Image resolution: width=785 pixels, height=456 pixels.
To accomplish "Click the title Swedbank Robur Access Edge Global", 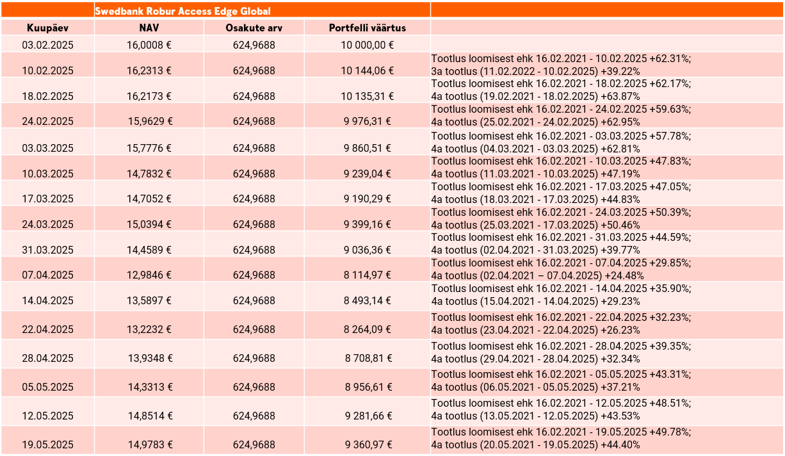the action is pyautogui.click(x=182, y=12).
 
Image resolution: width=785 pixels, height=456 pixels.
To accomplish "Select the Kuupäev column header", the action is pyautogui.click(x=47, y=28).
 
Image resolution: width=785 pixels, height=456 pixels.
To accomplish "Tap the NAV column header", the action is pyautogui.click(x=149, y=28).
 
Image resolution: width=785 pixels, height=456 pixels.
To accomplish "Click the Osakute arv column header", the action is pyautogui.click(x=254, y=28).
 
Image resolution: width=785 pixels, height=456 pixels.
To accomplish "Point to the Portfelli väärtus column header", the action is pyautogui.click(x=368, y=28).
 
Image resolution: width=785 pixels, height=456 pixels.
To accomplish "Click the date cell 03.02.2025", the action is pyautogui.click(x=47, y=45).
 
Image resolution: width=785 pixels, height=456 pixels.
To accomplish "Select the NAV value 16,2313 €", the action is pyautogui.click(x=149, y=71).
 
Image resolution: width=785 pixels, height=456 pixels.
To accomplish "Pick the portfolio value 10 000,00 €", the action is pyautogui.click(x=368, y=45).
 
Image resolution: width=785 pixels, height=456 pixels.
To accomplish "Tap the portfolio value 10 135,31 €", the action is pyautogui.click(x=368, y=96).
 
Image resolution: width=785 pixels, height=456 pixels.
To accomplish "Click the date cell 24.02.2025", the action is pyautogui.click(x=47, y=121).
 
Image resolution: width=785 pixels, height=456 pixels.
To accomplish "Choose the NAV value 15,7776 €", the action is pyautogui.click(x=149, y=148).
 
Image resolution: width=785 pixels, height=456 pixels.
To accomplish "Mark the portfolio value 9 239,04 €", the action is pyautogui.click(x=368, y=174).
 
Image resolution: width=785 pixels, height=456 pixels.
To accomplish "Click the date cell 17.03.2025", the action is pyautogui.click(x=47, y=199).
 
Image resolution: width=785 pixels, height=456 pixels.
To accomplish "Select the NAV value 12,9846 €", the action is pyautogui.click(x=149, y=275).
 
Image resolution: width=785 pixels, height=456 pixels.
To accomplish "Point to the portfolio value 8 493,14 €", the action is pyautogui.click(x=368, y=301).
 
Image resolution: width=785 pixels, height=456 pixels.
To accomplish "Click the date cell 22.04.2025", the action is pyautogui.click(x=47, y=329).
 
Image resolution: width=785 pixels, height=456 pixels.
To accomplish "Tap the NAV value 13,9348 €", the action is pyautogui.click(x=150, y=358).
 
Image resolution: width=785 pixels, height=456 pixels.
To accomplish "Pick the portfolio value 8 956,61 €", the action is pyautogui.click(x=369, y=387).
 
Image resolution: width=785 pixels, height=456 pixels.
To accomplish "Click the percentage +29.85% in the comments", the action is pyautogui.click(x=668, y=263).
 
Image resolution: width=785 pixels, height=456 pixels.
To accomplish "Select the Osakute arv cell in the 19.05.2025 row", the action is pyautogui.click(x=254, y=444).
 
